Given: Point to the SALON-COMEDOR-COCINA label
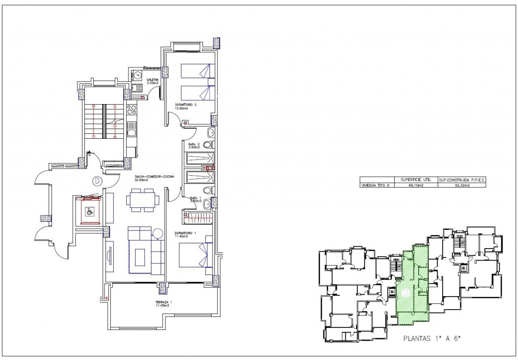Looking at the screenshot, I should [153, 178].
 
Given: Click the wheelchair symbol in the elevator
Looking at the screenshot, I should [89, 210].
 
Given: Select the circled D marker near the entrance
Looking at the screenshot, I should [97, 181].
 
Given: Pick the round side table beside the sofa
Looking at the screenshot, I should [158, 234].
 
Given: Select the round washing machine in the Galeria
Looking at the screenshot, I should [137, 75].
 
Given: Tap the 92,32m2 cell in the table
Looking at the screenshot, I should [461, 185].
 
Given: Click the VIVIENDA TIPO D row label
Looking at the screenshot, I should [377, 185].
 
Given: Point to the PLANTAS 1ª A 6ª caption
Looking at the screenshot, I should [432, 338].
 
